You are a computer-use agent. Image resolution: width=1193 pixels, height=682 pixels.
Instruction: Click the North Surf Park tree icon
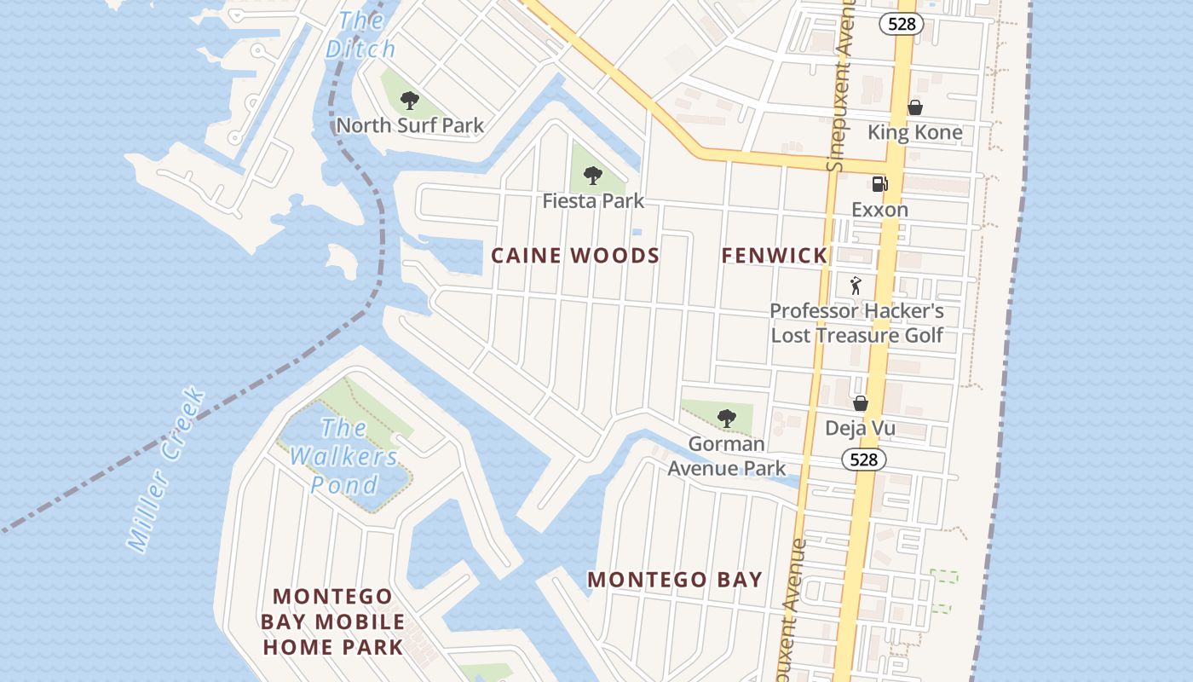point(410,101)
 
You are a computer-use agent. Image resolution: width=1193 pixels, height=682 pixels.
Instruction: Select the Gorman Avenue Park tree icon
point(726,418)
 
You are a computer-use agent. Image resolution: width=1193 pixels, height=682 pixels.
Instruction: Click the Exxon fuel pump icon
point(879,183)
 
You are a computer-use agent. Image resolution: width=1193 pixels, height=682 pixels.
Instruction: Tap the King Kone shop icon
point(914,107)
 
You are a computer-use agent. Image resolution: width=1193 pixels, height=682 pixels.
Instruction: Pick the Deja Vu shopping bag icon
point(861,403)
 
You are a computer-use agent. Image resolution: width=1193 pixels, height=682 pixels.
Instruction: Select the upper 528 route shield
point(902,24)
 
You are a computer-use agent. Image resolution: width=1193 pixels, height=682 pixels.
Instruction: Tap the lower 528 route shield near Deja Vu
point(864,460)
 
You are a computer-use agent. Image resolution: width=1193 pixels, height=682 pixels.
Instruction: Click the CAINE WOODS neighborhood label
point(575,255)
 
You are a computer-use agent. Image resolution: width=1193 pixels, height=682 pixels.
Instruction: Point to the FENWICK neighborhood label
point(775,255)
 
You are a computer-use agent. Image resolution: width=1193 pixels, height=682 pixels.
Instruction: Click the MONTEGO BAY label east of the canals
point(675,580)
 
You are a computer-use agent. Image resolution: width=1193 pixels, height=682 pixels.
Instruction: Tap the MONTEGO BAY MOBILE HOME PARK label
point(332,621)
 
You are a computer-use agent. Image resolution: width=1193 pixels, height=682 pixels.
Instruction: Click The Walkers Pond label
point(344,457)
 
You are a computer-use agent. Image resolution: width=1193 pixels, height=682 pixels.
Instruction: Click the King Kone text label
point(914,132)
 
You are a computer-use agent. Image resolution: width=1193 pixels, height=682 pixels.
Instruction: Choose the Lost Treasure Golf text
point(856,335)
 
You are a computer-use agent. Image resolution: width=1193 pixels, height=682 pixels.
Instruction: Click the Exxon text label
point(879,210)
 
